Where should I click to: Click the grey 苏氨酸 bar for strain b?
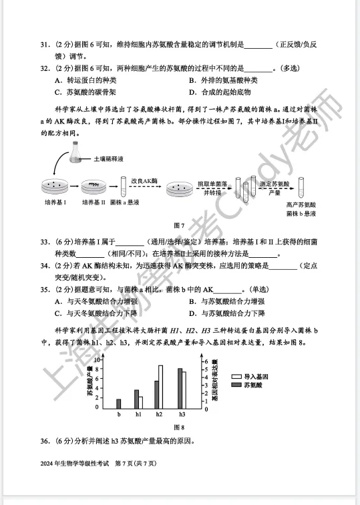119,403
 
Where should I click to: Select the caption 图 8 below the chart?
179,428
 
